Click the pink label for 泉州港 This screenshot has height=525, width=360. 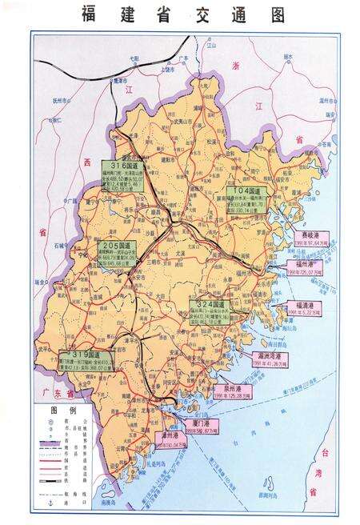pyautogui.click(x=238, y=392)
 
